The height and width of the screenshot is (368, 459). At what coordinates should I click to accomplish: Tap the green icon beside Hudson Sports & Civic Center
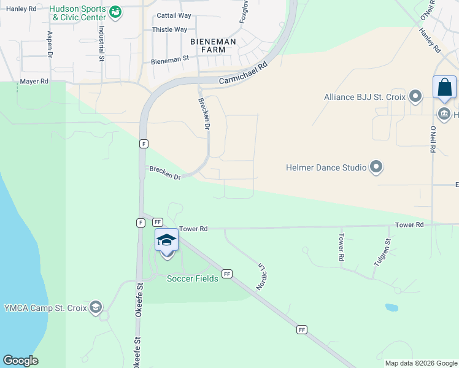(x=115, y=12)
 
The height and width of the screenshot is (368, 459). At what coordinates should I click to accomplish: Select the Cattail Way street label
(x=174, y=15)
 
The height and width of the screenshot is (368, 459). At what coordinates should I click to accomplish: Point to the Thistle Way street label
(x=169, y=29)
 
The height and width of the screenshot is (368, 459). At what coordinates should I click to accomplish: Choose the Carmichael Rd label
(x=243, y=73)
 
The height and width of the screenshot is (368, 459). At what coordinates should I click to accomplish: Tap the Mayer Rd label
(x=34, y=81)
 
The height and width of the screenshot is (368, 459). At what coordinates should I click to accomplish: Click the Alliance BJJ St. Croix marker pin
(x=416, y=96)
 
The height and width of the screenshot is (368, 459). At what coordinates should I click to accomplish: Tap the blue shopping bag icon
(x=444, y=88)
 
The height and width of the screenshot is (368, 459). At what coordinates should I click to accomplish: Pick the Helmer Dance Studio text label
(x=325, y=167)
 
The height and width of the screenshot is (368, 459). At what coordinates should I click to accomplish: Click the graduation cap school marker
(x=166, y=240)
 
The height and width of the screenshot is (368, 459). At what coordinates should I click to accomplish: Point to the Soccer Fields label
(x=193, y=278)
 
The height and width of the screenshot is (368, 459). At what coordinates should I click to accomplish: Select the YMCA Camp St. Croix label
(x=46, y=307)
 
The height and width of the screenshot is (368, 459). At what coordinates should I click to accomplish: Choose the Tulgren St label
(x=381, y=252)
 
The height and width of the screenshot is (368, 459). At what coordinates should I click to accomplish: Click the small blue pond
(x=391, y=307)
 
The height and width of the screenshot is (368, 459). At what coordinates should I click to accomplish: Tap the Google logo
(x=20, y=361)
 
